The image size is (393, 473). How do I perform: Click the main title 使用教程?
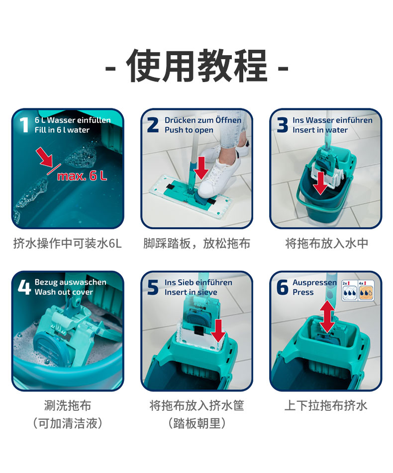pos(196,66)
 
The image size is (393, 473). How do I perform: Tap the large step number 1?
pos(24,124)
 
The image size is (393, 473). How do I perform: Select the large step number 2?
pos(153,124)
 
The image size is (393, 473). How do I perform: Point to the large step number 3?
pos(282,124)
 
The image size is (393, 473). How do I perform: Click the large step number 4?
pos(24,287)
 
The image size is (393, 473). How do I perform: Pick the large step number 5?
pos(153,287)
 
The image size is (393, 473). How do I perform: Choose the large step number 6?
pos(282,287)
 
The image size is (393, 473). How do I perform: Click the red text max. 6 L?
pos(82,176)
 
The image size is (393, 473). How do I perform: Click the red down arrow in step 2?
pos(201,168)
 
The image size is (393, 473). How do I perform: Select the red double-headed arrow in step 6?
pos(327,317)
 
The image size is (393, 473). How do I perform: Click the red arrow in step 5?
pos(218,331)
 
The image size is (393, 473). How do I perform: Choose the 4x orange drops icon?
pos(366,290)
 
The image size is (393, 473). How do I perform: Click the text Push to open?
pos(189,130)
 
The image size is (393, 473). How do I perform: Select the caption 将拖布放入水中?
pos(327,243)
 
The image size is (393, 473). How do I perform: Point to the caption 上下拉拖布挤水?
pos(326,405)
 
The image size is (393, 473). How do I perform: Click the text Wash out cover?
pos(64,292)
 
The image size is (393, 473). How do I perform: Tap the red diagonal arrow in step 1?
pos(44,157)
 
